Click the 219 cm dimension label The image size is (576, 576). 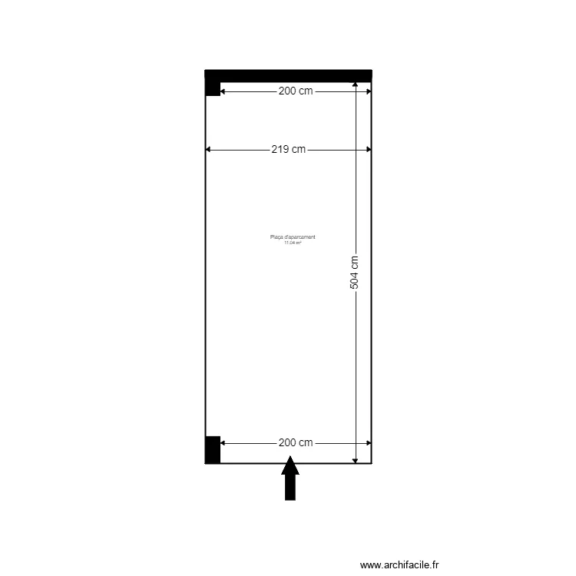point(288,150)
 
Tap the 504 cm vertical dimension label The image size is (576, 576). point(354,272)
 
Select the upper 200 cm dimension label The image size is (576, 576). point(296,91)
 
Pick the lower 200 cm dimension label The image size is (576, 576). point(296,443)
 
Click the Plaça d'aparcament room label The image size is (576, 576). point(293,237)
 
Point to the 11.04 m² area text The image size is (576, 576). point(293,243)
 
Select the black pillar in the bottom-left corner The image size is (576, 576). point(213,449)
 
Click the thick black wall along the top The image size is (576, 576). point(288,75)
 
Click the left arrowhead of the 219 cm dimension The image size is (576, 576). point(208,150)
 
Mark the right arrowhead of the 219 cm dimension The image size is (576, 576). point(369,150)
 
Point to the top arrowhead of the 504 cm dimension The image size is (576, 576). point(355,84)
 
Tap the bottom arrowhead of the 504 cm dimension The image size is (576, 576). point(355,460)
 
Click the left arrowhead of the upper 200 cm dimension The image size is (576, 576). point(223,91)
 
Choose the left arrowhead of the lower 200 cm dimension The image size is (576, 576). point(223,443)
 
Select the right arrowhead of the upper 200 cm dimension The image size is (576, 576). point(369,91)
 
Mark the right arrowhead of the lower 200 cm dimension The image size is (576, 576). point(369,443)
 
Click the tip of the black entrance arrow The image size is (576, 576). point(290,458)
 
